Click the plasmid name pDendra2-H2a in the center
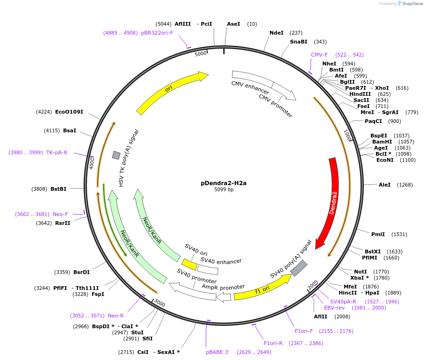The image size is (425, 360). [x=224, y=183]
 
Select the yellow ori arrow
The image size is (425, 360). [x=171, y=92]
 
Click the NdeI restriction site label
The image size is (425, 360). [x=276, y=33]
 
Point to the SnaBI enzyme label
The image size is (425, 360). [x=298, y=42]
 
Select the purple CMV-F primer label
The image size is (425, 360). [x=319, y=55]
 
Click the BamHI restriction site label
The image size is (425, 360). [x=382, y=142]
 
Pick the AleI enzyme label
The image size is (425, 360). [x=385, y=185]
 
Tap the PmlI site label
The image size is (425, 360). [x=378, y=234]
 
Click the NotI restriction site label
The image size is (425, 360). [x=361, y=272]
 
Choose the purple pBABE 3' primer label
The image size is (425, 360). [x=218, y=352]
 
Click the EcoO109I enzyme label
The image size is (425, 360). [x=69, y=112]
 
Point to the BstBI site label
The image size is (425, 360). [x=58, y=189]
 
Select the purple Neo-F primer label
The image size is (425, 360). [x=60, y=214]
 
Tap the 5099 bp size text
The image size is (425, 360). [x=224, y=190]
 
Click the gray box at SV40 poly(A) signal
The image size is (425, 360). [x=299, y=268]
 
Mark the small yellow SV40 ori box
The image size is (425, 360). [x=189, y=264]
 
